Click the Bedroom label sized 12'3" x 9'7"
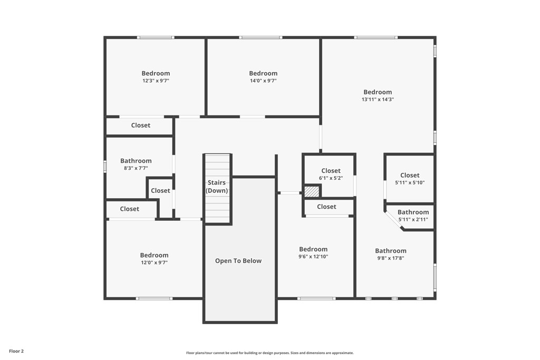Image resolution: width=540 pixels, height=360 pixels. coord(156,73)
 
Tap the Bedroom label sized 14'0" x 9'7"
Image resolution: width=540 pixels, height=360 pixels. coord(263,73)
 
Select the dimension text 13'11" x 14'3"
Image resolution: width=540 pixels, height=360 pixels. coord(378,99)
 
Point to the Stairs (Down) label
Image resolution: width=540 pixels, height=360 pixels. coord(217,187)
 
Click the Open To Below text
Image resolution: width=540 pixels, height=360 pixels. coord(238,261)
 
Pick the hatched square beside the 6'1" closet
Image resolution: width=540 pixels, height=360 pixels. coord(311,191)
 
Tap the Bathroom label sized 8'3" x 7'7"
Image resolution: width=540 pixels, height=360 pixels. coord(136,161)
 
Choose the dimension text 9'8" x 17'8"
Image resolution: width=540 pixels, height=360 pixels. coord(390,258)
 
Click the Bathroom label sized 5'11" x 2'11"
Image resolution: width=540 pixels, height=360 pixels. coord(413,212)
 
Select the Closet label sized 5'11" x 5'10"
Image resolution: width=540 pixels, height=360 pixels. coord(410,176)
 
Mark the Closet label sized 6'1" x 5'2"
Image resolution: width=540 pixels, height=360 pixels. coord(331,171)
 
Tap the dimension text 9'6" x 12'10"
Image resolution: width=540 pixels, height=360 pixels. coord(313,257)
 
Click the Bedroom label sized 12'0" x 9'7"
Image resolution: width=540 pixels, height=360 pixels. coord(154,255)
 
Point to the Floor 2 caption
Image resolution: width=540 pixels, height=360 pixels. coord(16,351)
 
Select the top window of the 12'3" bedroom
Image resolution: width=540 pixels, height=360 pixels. coord(156,37)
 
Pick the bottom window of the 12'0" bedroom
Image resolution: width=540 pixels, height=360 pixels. coord(154,299)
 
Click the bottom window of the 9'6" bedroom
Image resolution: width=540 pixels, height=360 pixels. coord(316,299)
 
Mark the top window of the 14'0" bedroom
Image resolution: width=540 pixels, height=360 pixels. coord(261,37)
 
